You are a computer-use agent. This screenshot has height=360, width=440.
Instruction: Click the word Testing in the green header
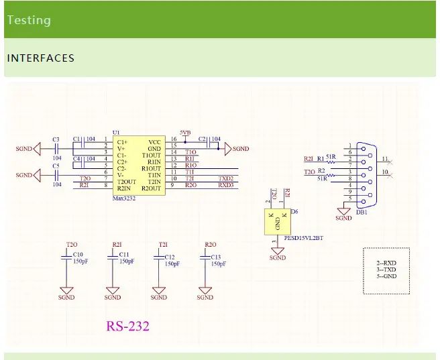[29, 19]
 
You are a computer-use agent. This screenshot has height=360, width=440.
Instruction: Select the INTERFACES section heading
[40, 58]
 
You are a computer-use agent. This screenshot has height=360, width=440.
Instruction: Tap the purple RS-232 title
[127, 326]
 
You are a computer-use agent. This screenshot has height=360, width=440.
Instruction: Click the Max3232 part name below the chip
[124, 199]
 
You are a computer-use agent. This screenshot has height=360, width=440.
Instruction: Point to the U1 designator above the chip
[116, 133]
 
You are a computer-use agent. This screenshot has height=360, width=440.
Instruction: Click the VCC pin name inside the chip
[154, 142]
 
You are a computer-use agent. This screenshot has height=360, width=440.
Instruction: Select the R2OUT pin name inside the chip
[151, 188]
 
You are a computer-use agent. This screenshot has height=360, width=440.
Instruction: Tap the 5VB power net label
[185, 133]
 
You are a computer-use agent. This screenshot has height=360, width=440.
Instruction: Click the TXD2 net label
[226, 179]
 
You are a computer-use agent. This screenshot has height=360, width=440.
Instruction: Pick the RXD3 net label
[226, 186]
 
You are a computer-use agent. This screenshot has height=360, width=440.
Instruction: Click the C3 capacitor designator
[56, 139]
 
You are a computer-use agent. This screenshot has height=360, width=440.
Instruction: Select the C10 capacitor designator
[78, 255]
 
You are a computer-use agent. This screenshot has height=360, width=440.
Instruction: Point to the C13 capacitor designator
[215, 257]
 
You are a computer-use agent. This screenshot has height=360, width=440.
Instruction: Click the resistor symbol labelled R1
[329, 159]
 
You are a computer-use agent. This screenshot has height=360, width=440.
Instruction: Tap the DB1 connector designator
[362, 212]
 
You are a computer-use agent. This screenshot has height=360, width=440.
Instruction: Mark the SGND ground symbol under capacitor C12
[159, 291]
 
